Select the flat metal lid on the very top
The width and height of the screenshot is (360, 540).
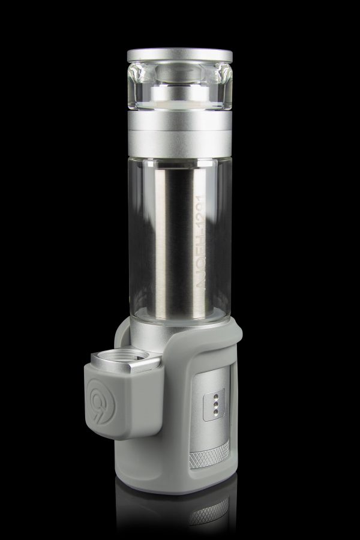click(179, 56)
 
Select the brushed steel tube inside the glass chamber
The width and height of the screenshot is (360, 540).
click(180, 240)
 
